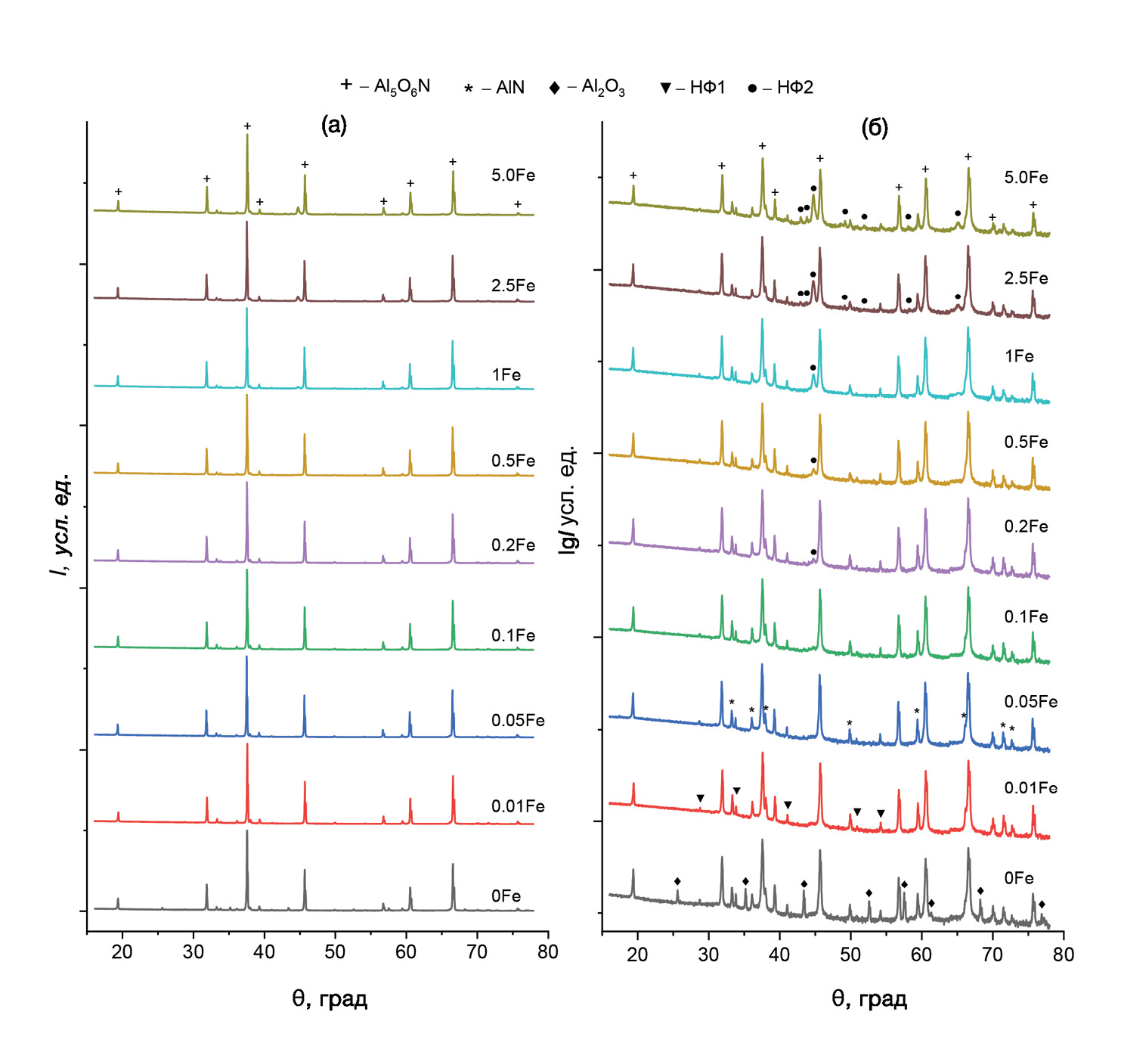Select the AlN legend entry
point(495,88)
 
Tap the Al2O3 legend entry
point(588,88)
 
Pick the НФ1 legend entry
point(693,88)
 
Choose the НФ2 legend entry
point(781,88)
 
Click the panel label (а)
point(334,126)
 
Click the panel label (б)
point(875,128)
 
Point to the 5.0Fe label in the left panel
point(513,175)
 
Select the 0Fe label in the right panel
point(1019,878)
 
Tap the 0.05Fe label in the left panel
point(518,720)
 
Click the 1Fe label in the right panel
point(1019,356)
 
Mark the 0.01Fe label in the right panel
point(1030,788)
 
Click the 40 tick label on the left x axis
point(265,952)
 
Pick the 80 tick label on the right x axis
point(1064,955)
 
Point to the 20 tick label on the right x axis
point(638,955)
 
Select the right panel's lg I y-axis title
point(568,499)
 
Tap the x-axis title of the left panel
point(330,999)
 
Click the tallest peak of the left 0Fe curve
point(247,832)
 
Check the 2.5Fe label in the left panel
point(513,286)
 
